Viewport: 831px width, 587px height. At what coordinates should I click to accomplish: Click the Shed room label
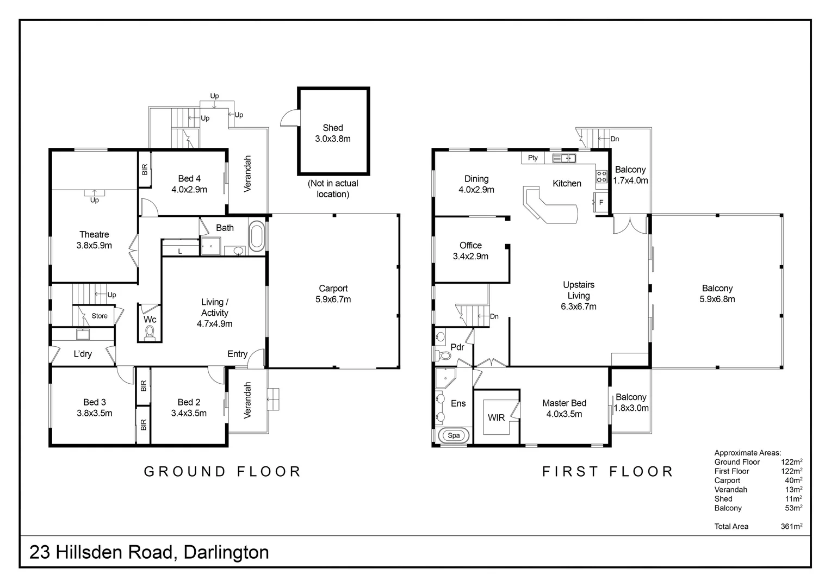point(332,128)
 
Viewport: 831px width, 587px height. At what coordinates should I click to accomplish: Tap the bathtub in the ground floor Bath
point(257,236)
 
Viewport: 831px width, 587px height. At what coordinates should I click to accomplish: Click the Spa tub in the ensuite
point(454,435)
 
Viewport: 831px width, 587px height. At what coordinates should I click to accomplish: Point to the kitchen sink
point(564,158)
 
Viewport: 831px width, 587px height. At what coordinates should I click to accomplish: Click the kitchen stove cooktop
point(601,176)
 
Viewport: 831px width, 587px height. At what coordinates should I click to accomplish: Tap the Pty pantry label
point(533,158)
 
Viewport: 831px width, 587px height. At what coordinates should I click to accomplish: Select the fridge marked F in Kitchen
point(601,202)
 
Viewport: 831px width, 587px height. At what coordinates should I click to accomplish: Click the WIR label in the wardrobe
point(496,417)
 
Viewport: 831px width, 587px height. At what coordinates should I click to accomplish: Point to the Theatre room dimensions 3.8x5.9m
point(94,245)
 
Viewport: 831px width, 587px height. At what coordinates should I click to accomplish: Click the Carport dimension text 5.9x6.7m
point(333,299)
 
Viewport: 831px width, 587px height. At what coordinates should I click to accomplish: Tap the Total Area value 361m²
point(791,526)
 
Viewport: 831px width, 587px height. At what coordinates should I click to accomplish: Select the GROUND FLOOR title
point(222,471)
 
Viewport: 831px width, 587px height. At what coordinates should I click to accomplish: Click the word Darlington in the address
point(226,552)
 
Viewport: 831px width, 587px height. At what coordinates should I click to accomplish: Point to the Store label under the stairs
point(100,316)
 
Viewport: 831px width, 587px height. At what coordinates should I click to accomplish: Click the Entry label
point(237,354)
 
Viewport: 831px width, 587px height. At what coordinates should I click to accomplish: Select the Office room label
point(470,245)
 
